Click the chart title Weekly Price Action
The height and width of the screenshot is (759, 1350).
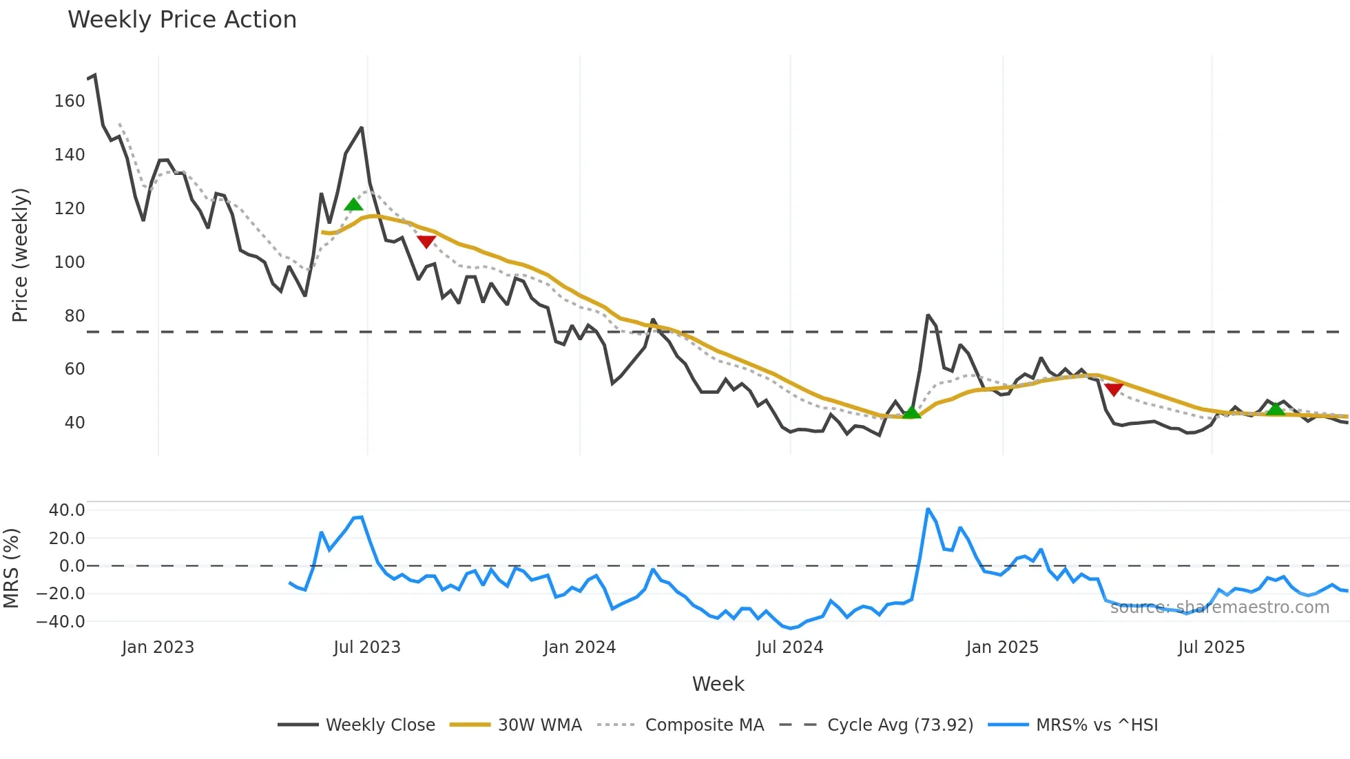pos(182,20)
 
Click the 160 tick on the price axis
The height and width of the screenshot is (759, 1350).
pos(70,101)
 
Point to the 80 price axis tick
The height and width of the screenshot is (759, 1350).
pos(74,316)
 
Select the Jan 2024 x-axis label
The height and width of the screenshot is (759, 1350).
pos(579,647)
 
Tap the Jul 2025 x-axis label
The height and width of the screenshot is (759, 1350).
pos(1211,647)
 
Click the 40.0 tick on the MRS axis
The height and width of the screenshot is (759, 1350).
pos(67,510)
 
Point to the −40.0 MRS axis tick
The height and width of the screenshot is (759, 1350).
pos(61,622)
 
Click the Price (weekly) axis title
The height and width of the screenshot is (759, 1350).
pos(20,255)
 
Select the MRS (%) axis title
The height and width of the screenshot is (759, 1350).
pos(11,568)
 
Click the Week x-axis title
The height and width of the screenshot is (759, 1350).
pos(718,684)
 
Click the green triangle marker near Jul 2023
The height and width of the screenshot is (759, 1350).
pos(353,205)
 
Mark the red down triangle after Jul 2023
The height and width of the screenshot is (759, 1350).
pos(426,242)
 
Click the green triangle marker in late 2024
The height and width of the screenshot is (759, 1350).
pos(911,413)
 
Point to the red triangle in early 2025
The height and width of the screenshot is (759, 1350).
pos(1114,390)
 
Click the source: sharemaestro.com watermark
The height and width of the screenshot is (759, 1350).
pos(1219,607)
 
